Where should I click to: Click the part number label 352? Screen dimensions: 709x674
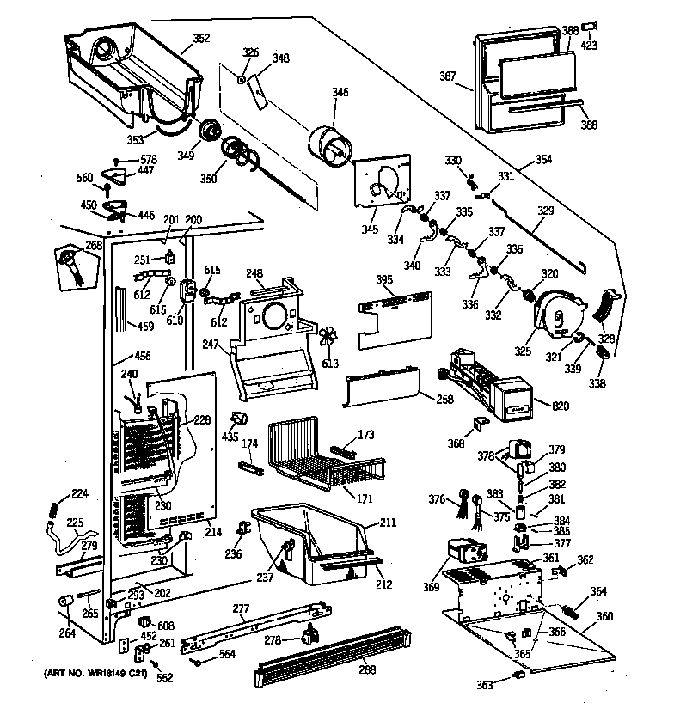(200, 38)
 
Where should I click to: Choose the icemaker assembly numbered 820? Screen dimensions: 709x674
(481, 382)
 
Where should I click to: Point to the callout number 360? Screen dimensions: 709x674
(604, 617)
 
